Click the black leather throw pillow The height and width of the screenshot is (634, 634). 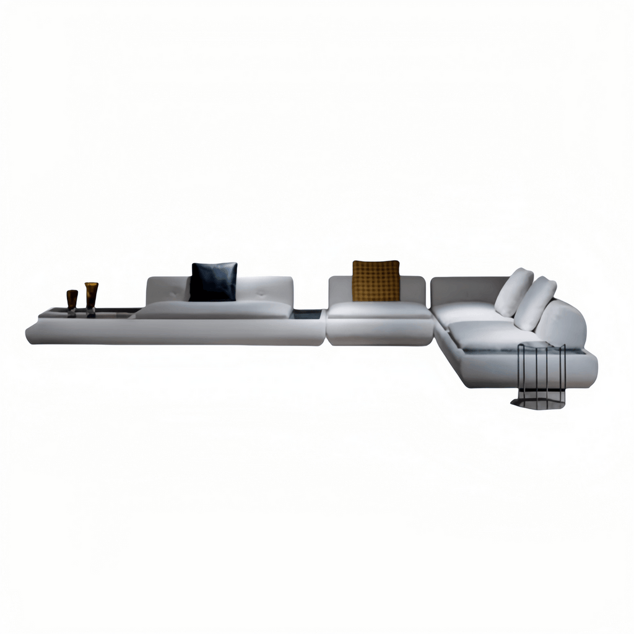tap(213, 282)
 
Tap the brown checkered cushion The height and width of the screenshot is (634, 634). tap(376, 280)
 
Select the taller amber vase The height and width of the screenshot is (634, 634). tap(92, 296)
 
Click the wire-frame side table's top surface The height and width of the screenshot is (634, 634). tap(541, 345)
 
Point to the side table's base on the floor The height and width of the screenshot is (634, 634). tap(538, 402)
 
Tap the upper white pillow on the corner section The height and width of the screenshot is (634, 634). tap(514, 292)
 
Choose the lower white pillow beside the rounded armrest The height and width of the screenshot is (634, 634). tap(535, 303)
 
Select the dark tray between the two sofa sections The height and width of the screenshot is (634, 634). tap(306, 315)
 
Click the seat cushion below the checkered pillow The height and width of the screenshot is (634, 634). tap(379, 310)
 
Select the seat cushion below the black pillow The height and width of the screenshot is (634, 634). tap(214, 309)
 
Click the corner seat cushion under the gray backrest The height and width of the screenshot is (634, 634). tap(466, 311)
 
